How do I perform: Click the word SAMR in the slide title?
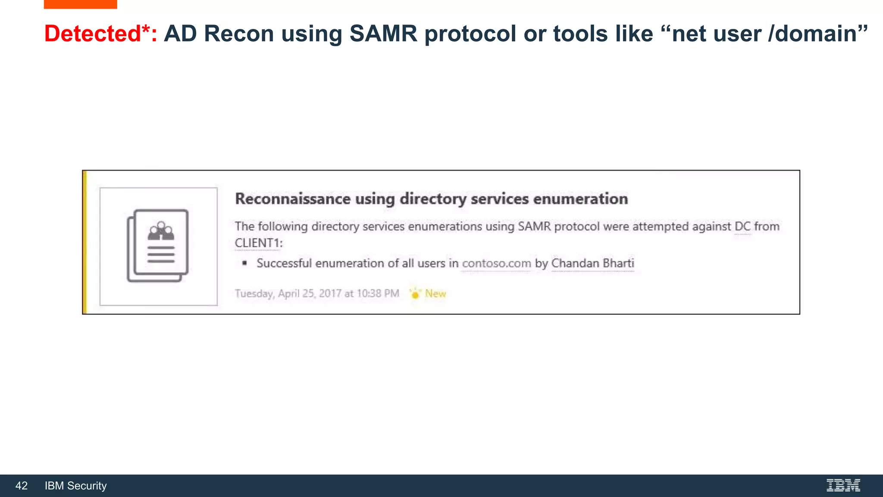click(x=383, y=34)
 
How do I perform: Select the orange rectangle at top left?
click(x=80, y=4)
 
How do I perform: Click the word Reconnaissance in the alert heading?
click(x=293, y=199)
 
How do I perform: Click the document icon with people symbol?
click(x=158, y=246)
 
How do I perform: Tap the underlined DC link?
click(x=742, y=226)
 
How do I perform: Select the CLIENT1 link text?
click(x=257, y=243)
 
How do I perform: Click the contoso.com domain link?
click(x=496, y=263)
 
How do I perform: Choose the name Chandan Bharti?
click(x=592, y=263)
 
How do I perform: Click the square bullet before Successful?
click(x=244, y=263)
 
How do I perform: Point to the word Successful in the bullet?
click(x=284, y=263)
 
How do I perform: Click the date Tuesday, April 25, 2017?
click(x=288, y=294)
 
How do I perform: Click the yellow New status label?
click(x=435, y=294)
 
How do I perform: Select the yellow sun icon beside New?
click(x=415, y=294)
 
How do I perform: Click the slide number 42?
click(x=21, y=486)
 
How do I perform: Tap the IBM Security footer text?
click(x=75, y=486)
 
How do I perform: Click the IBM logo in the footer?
click(x=843, y=485)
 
